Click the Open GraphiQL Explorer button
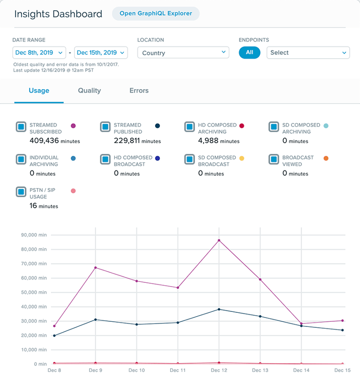156,14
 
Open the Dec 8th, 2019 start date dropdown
38,53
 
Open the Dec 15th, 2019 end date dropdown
101,53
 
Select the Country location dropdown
183,53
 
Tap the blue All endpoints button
249,53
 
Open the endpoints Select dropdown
308,53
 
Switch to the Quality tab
90,91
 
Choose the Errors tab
139,91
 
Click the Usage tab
39,91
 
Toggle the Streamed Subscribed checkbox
21,127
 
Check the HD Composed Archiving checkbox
189,127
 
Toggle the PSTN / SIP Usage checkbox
21,192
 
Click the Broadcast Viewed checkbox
274,159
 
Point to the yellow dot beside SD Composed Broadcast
242,159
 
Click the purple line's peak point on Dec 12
219,241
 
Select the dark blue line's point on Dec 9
96,319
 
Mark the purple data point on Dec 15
343,321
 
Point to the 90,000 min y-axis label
34,235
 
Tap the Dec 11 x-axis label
178,371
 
